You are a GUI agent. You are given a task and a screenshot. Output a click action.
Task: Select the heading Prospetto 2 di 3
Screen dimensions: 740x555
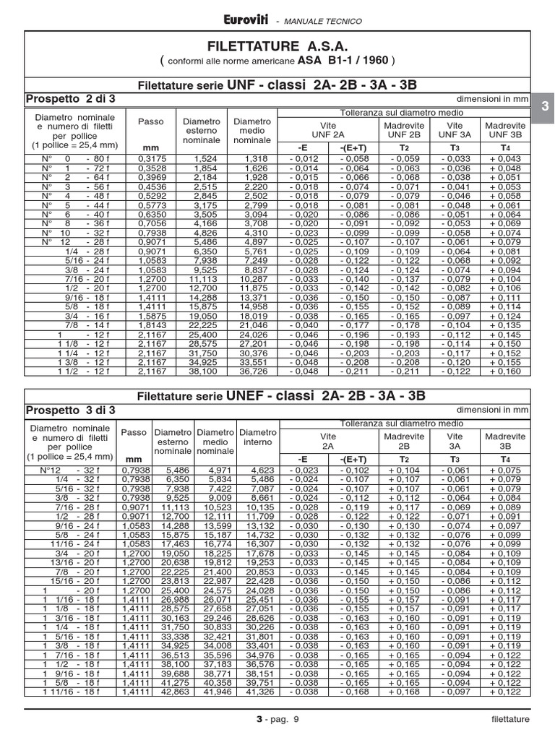pyautogui.click(x=70, y=98)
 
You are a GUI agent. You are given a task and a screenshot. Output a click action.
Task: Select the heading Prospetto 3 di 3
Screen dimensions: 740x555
pyautogui.click(x=70, y=411)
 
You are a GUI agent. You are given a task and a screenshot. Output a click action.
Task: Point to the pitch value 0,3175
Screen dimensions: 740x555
pyautogui.click(x=150, y=159)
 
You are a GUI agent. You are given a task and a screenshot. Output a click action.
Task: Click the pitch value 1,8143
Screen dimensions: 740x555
pyautogui.click(x=150, y=326)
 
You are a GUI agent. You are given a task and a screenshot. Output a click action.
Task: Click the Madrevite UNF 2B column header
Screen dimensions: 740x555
pyautogui.click(x=404, y=130)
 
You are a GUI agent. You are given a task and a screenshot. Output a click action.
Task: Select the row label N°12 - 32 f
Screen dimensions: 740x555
pyautogui.click(x=71, y=470)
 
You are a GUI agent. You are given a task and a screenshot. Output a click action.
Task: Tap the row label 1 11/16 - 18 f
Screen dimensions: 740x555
pyautogui.click(x=71, y=692)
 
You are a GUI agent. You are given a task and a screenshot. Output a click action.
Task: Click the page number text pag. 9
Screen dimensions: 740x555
pyautogui.click(x=284, y=720)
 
